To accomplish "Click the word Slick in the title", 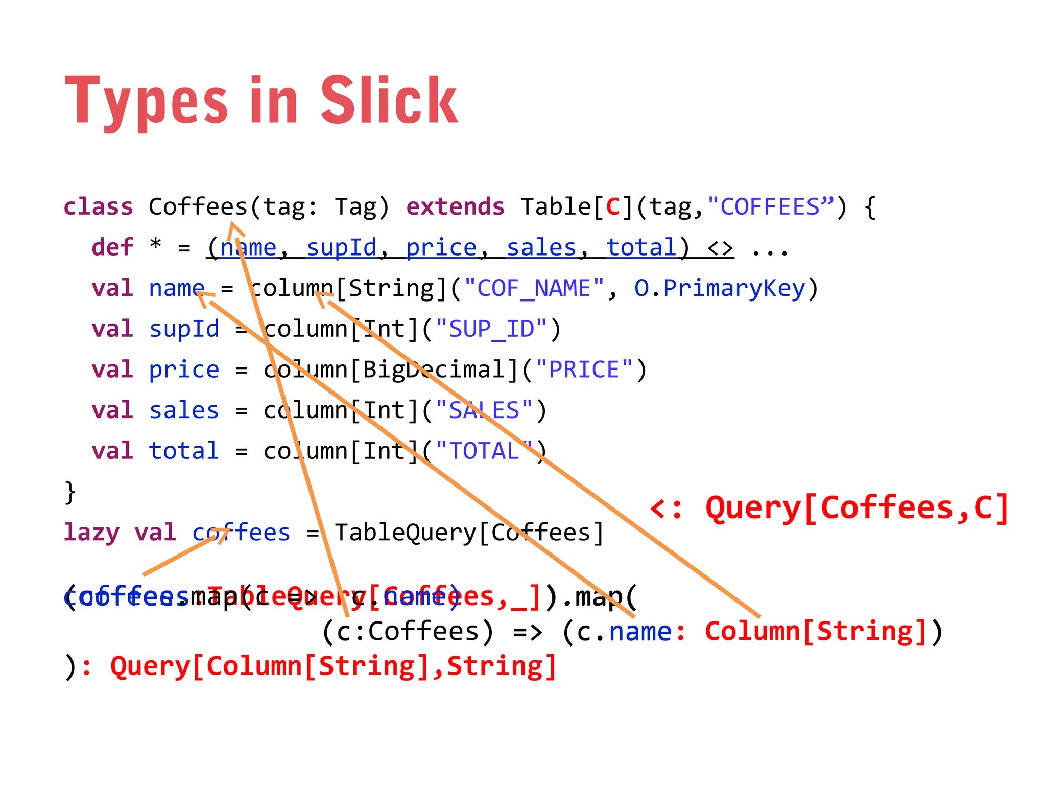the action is click(x=389, y=101).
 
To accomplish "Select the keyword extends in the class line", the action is click(x=455, y=207).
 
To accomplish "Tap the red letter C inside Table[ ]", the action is click(x=612, y=207).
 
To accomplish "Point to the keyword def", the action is click(x=112, y=247).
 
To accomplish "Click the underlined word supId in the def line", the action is click(x=341, y=248).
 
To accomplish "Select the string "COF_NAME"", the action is click(x=540, y=288).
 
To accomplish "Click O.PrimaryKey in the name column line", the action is click(x=720, y=288).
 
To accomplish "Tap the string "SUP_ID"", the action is click(x=491, y=329).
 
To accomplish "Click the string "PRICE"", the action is click(x=584, y=370).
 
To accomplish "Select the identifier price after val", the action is click(x=184, y=370).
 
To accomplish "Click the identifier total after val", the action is click(x=184, y=451).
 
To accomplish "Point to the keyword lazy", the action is click(x=91, y=533).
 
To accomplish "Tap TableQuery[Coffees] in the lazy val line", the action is click(x=469, y=533).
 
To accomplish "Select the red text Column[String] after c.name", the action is click(x=815, y=632).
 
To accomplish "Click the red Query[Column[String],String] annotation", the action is click(x=333, y=667).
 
